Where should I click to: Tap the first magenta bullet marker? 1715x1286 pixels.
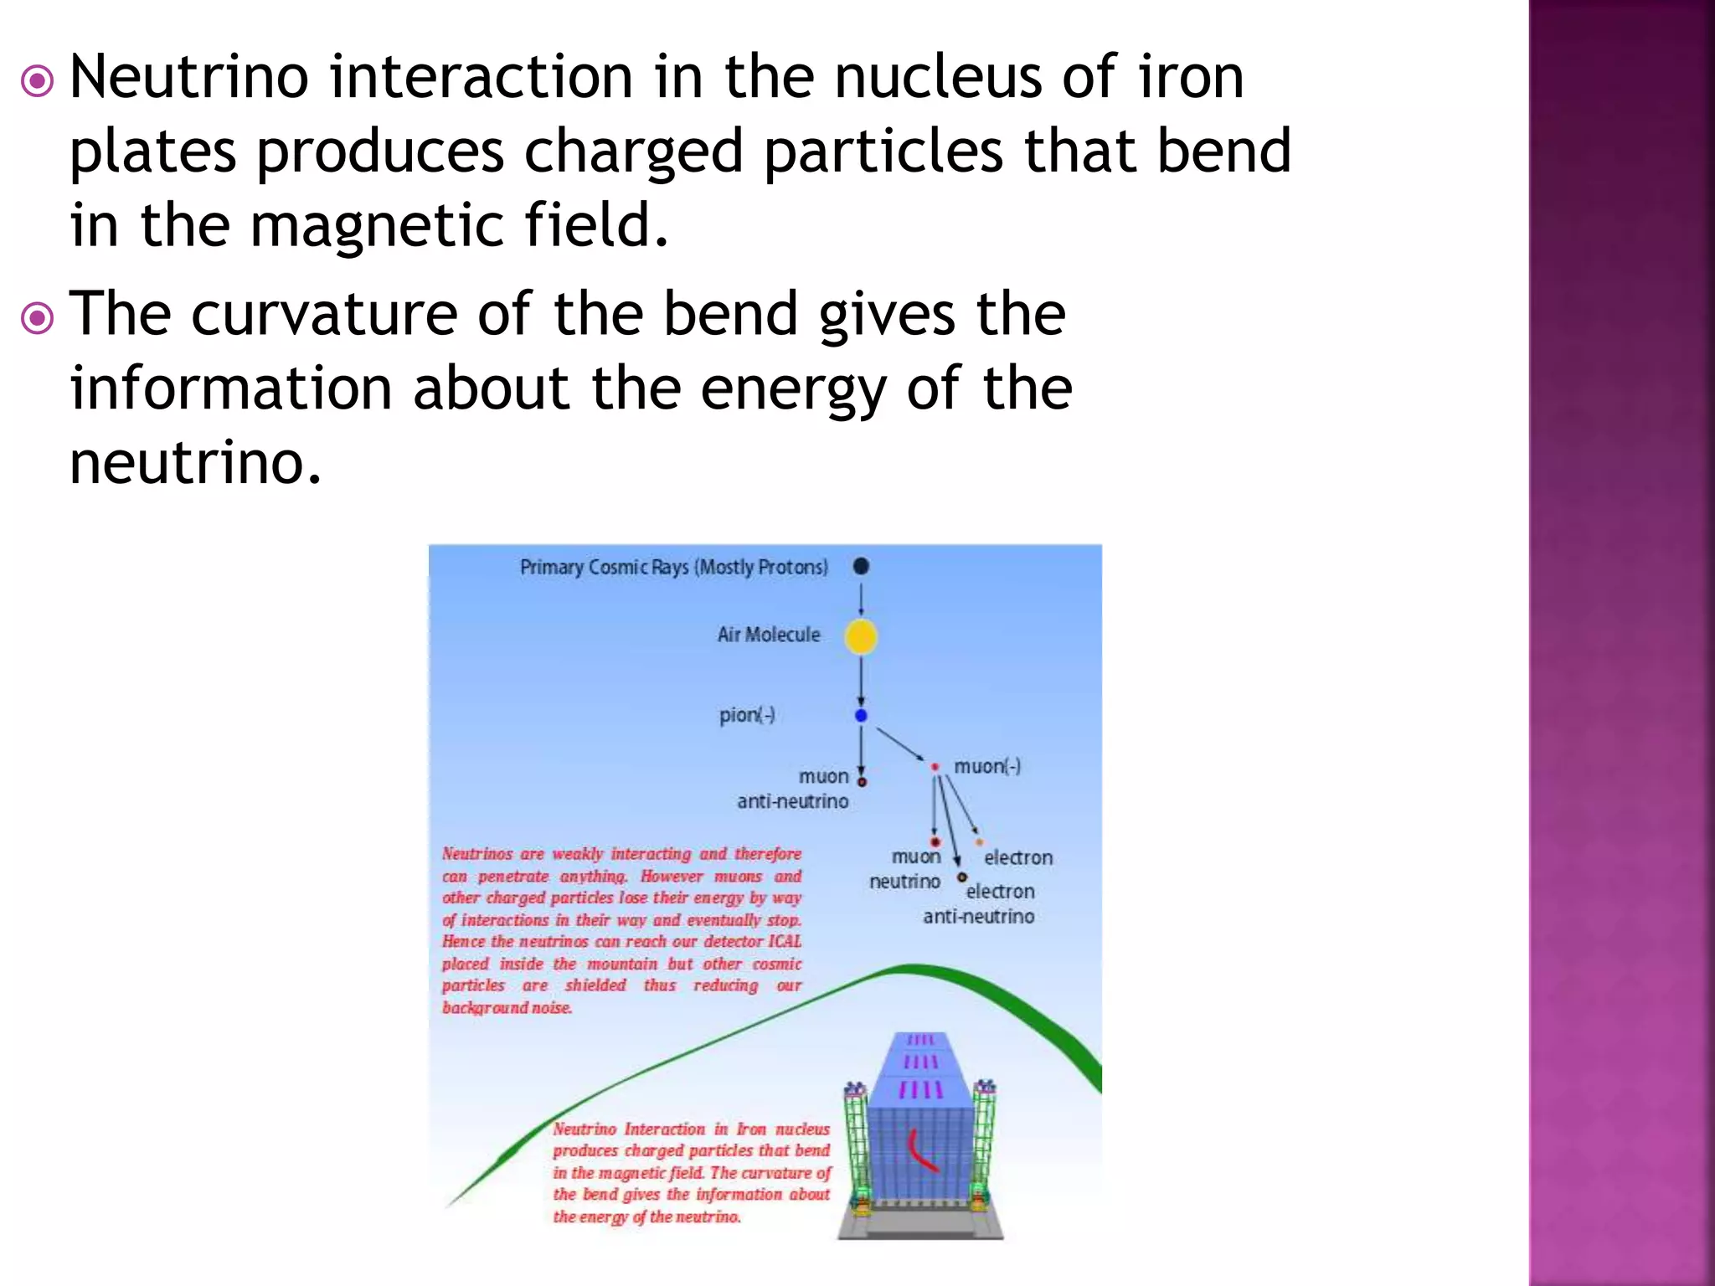38,82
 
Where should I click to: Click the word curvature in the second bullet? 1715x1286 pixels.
324,314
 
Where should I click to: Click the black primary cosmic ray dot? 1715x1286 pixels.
861,567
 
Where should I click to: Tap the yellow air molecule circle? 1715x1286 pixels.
861,637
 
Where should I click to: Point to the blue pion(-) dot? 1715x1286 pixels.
861,716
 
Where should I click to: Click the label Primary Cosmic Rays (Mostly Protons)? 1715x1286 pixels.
673,568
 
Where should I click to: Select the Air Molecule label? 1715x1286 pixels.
768,635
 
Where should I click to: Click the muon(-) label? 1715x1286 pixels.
987,767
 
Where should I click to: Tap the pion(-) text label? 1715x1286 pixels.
746,715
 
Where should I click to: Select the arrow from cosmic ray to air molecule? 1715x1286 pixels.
861,599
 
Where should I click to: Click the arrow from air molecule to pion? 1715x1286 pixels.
861,681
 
